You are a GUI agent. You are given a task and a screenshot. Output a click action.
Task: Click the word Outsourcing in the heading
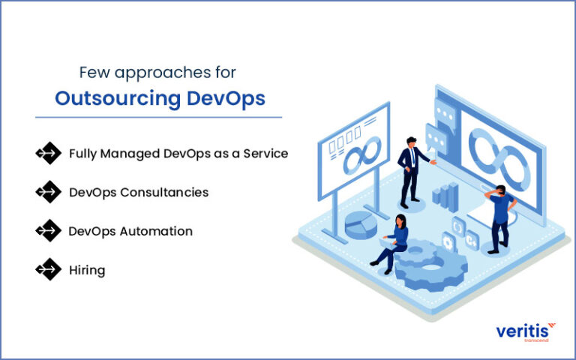click(x=108, y=100)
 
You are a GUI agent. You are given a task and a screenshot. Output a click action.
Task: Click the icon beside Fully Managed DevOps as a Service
click(x=48, y=153)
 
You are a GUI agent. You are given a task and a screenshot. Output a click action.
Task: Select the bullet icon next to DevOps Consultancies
click(x=48, y=192)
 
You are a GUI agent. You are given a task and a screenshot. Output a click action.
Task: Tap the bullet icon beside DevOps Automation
click(x=48, y=231)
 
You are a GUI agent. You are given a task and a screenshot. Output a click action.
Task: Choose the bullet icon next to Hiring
click(x=48, y=269)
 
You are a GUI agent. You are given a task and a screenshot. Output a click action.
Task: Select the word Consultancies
click(x=164, y=192)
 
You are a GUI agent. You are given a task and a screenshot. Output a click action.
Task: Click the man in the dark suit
click(x=410, y=172)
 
